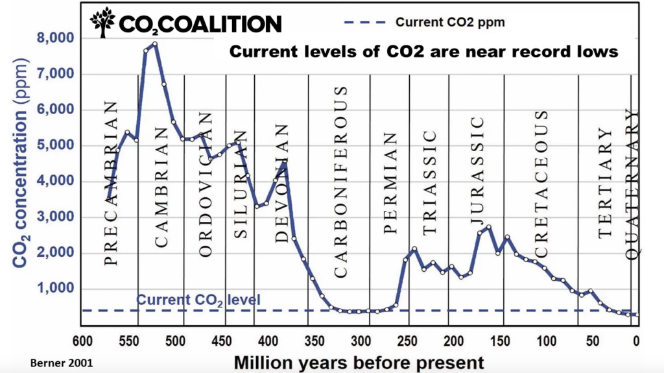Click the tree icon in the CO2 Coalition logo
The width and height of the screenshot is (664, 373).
[102, 23]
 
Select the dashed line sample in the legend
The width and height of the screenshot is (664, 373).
[365, 22]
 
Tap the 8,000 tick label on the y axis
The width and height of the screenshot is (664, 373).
[56, 38]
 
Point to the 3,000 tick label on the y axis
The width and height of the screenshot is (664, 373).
[56, 217]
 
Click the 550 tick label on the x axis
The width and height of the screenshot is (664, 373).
[129, 341]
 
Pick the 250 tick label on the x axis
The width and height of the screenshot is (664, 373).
[407, 341]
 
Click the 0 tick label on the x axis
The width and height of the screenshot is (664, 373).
[636, 341]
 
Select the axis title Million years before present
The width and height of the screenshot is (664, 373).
[359, 363]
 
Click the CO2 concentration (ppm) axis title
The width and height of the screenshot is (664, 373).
[20, 163]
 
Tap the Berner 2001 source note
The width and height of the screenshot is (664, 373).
[62, 363]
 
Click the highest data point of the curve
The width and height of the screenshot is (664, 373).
[155, 43]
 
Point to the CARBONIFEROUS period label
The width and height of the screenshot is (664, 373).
[341, 182]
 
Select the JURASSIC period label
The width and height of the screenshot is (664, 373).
[477, 171]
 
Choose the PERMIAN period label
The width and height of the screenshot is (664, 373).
[390, 183]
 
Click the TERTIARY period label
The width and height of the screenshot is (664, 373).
[606, 183]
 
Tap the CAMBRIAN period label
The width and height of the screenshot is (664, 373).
[161, 187]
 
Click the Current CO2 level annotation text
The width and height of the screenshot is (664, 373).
[198, 300]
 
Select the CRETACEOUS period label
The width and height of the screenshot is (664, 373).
[541, 184]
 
